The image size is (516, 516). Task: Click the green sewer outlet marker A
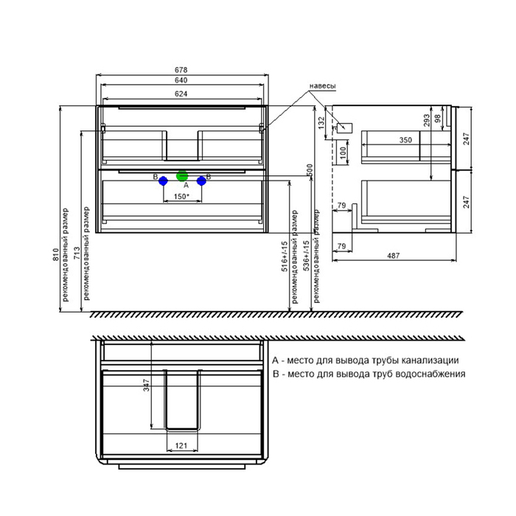(182, 176)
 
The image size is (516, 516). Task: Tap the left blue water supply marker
(163, 181)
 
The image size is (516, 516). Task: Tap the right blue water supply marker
(201, 181)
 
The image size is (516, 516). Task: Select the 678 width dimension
(181, 70)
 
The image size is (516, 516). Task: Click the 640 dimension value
(181, 80)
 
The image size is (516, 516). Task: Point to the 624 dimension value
(181, 94)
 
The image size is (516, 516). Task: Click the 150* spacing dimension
(181, 197)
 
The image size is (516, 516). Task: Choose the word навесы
(323, 86)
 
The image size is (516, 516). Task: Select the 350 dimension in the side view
(405, 140)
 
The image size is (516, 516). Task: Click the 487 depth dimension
(393, 255)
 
